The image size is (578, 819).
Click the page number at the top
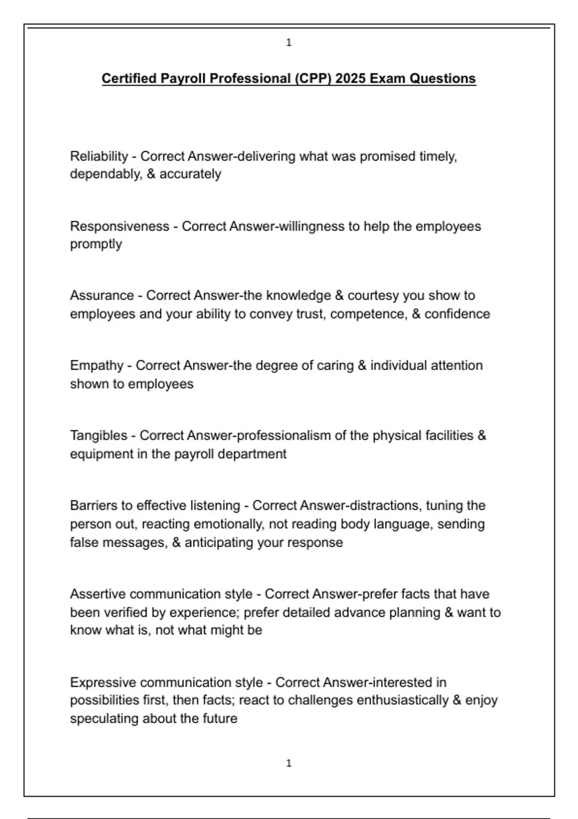(289, 43)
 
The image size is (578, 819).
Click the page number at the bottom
(289, 764)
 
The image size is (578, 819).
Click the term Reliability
(99, 157)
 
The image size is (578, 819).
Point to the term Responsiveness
(119, 226)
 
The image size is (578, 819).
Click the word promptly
(96, 244)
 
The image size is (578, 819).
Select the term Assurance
(102, 295)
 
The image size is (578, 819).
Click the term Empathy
(96, 366)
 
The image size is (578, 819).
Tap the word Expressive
(103, 683)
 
